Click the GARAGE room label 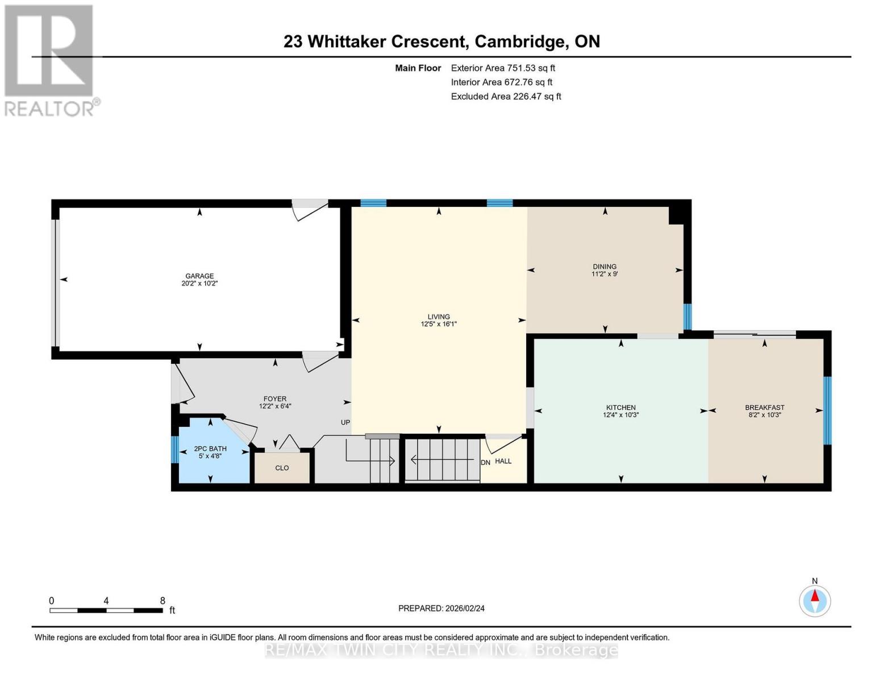pyautogui.click(x=199, y=276)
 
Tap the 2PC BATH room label pyautogui.click(x=210, y=448)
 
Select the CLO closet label pyautogui.click(x=282, y=468)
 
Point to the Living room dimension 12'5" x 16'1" pyautogui.click(x=439, y=324)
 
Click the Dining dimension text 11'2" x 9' pyautogui.click(x=605, y=274)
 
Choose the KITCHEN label pyautogui.click(x=620, y=407)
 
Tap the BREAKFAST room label pyautogui.click(x=765, y=407)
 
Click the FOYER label pyautogui.click(x=275, y=399)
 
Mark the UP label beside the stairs pyautogui.click(x=345, y=422)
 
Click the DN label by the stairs pyautogui.click(x=485, y=463)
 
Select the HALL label pyautogui.click(x=503, y=461)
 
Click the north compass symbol pyautogui.click(x=815, y=600)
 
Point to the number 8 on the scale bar pyautogui.click(x=163, y=601)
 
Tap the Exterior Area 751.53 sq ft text pyautogui.click(x=503, y=68)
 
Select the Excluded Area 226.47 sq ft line pyautogui.click(x=506, y=96)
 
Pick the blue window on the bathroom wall pyautogui.click(x=175, y=450)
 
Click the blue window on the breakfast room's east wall pyautogui.click(x=827, y=410)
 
